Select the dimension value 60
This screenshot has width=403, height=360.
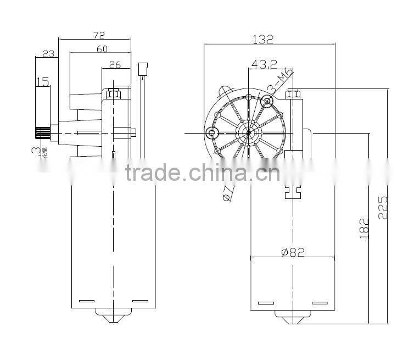(102, 49)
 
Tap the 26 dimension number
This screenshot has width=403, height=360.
(115, 65)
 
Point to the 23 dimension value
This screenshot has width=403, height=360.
(48, 53)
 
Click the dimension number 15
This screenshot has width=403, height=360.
(43, 82)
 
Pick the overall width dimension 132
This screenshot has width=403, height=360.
(262, 40)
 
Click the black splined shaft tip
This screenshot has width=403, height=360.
(42, 132)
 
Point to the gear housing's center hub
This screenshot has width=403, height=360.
(249, 132)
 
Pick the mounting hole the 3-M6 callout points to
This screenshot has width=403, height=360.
(268, 101)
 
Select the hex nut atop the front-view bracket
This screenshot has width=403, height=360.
(292, 93)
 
